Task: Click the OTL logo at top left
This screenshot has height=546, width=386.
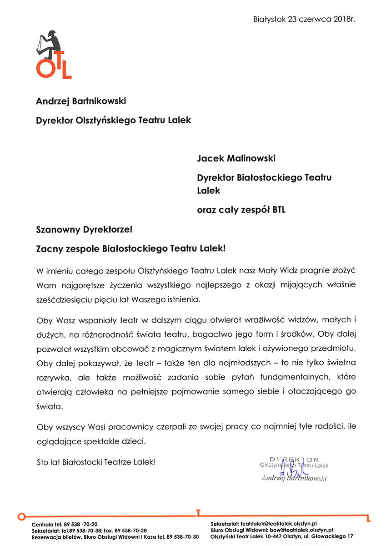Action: point(54,55)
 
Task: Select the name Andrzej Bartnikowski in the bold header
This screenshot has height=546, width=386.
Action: point(81,101)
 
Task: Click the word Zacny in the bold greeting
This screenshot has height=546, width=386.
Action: point(49,248)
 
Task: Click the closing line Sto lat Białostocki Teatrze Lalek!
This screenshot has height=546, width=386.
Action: point(96,461)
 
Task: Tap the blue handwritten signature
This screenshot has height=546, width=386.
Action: point(290,468)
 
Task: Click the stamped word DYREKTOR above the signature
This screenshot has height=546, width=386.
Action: point(294,459)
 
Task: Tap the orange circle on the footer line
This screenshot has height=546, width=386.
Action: point(21,516)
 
